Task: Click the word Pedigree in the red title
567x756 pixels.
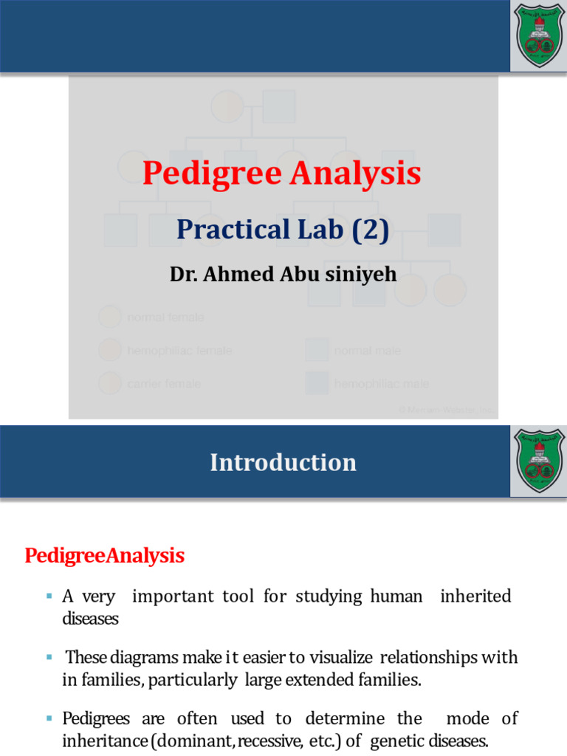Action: (x=213, y=175)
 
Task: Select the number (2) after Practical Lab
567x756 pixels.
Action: (x=369, y=230)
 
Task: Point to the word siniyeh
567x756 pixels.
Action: (x=361, y=275)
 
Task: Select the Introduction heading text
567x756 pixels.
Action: (x=283, y=463)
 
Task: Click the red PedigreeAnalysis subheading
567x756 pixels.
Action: (x=105, y=555)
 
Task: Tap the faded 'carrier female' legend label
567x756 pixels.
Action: (x=163, y=384)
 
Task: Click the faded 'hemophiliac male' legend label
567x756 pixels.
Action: (x=381, y=384)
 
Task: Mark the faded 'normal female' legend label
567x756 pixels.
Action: (x=165, y=317)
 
